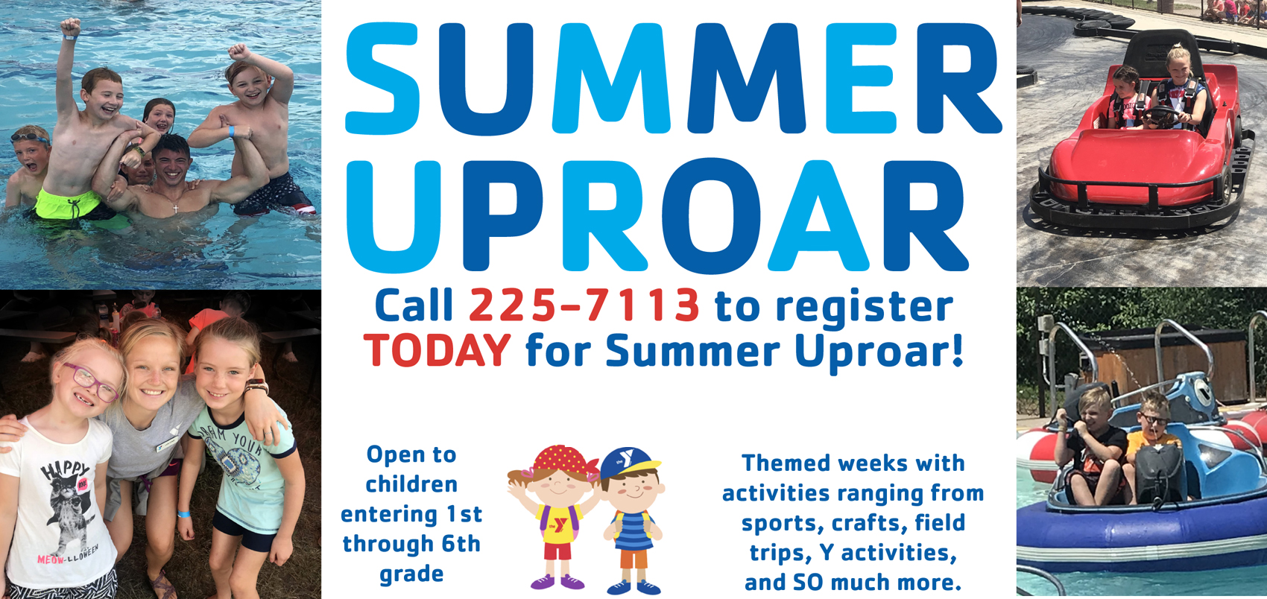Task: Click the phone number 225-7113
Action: click(584, 305)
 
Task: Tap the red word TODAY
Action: click(437, 351)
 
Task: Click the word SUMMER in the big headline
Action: click(674, 79)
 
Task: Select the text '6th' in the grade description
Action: click(461, 544)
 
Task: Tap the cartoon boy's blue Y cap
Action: click(628, 463)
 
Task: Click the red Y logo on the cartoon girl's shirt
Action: click(560, 525)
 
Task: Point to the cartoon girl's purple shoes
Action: click(557, 582)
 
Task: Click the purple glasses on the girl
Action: click(90, 382)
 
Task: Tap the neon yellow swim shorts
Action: click(68, 203)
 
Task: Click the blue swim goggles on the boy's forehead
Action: click(29, 137)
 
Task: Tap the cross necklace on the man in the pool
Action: click(176, 209)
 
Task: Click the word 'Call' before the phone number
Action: click(414, 305)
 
